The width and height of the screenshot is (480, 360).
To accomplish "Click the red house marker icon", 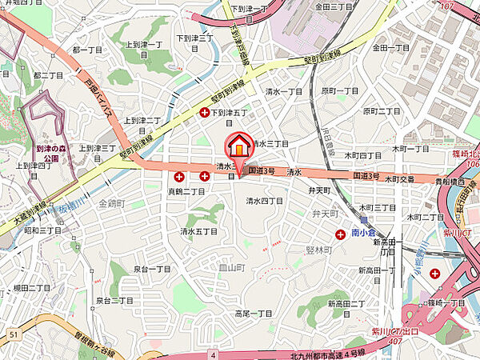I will (x=239, y=147).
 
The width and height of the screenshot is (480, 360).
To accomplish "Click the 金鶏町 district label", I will (x=112, y=204).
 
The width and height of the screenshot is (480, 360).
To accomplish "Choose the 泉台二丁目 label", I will (x=114, y=300).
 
